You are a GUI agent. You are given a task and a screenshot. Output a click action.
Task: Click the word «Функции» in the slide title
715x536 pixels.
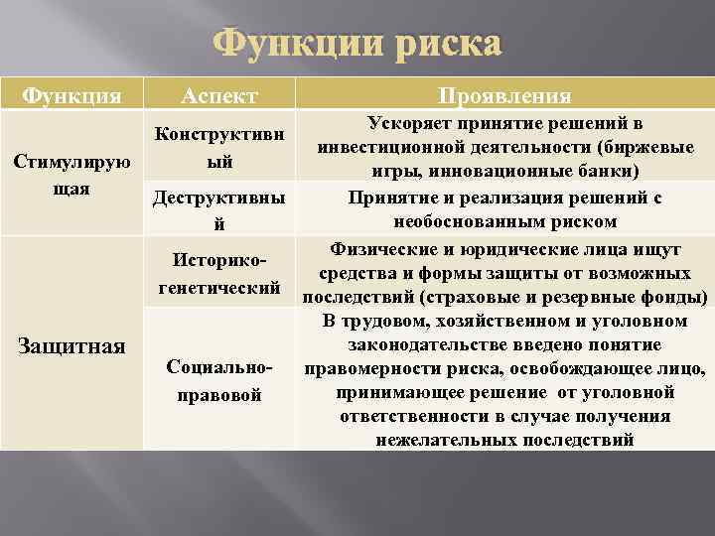coord(289,45)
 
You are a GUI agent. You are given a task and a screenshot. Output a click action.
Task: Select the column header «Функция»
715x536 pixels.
coord(71,95)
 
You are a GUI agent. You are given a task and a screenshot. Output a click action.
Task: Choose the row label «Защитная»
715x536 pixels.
coord(71,345)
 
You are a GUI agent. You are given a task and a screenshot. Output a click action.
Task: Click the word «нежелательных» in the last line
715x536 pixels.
coord(438,440)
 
